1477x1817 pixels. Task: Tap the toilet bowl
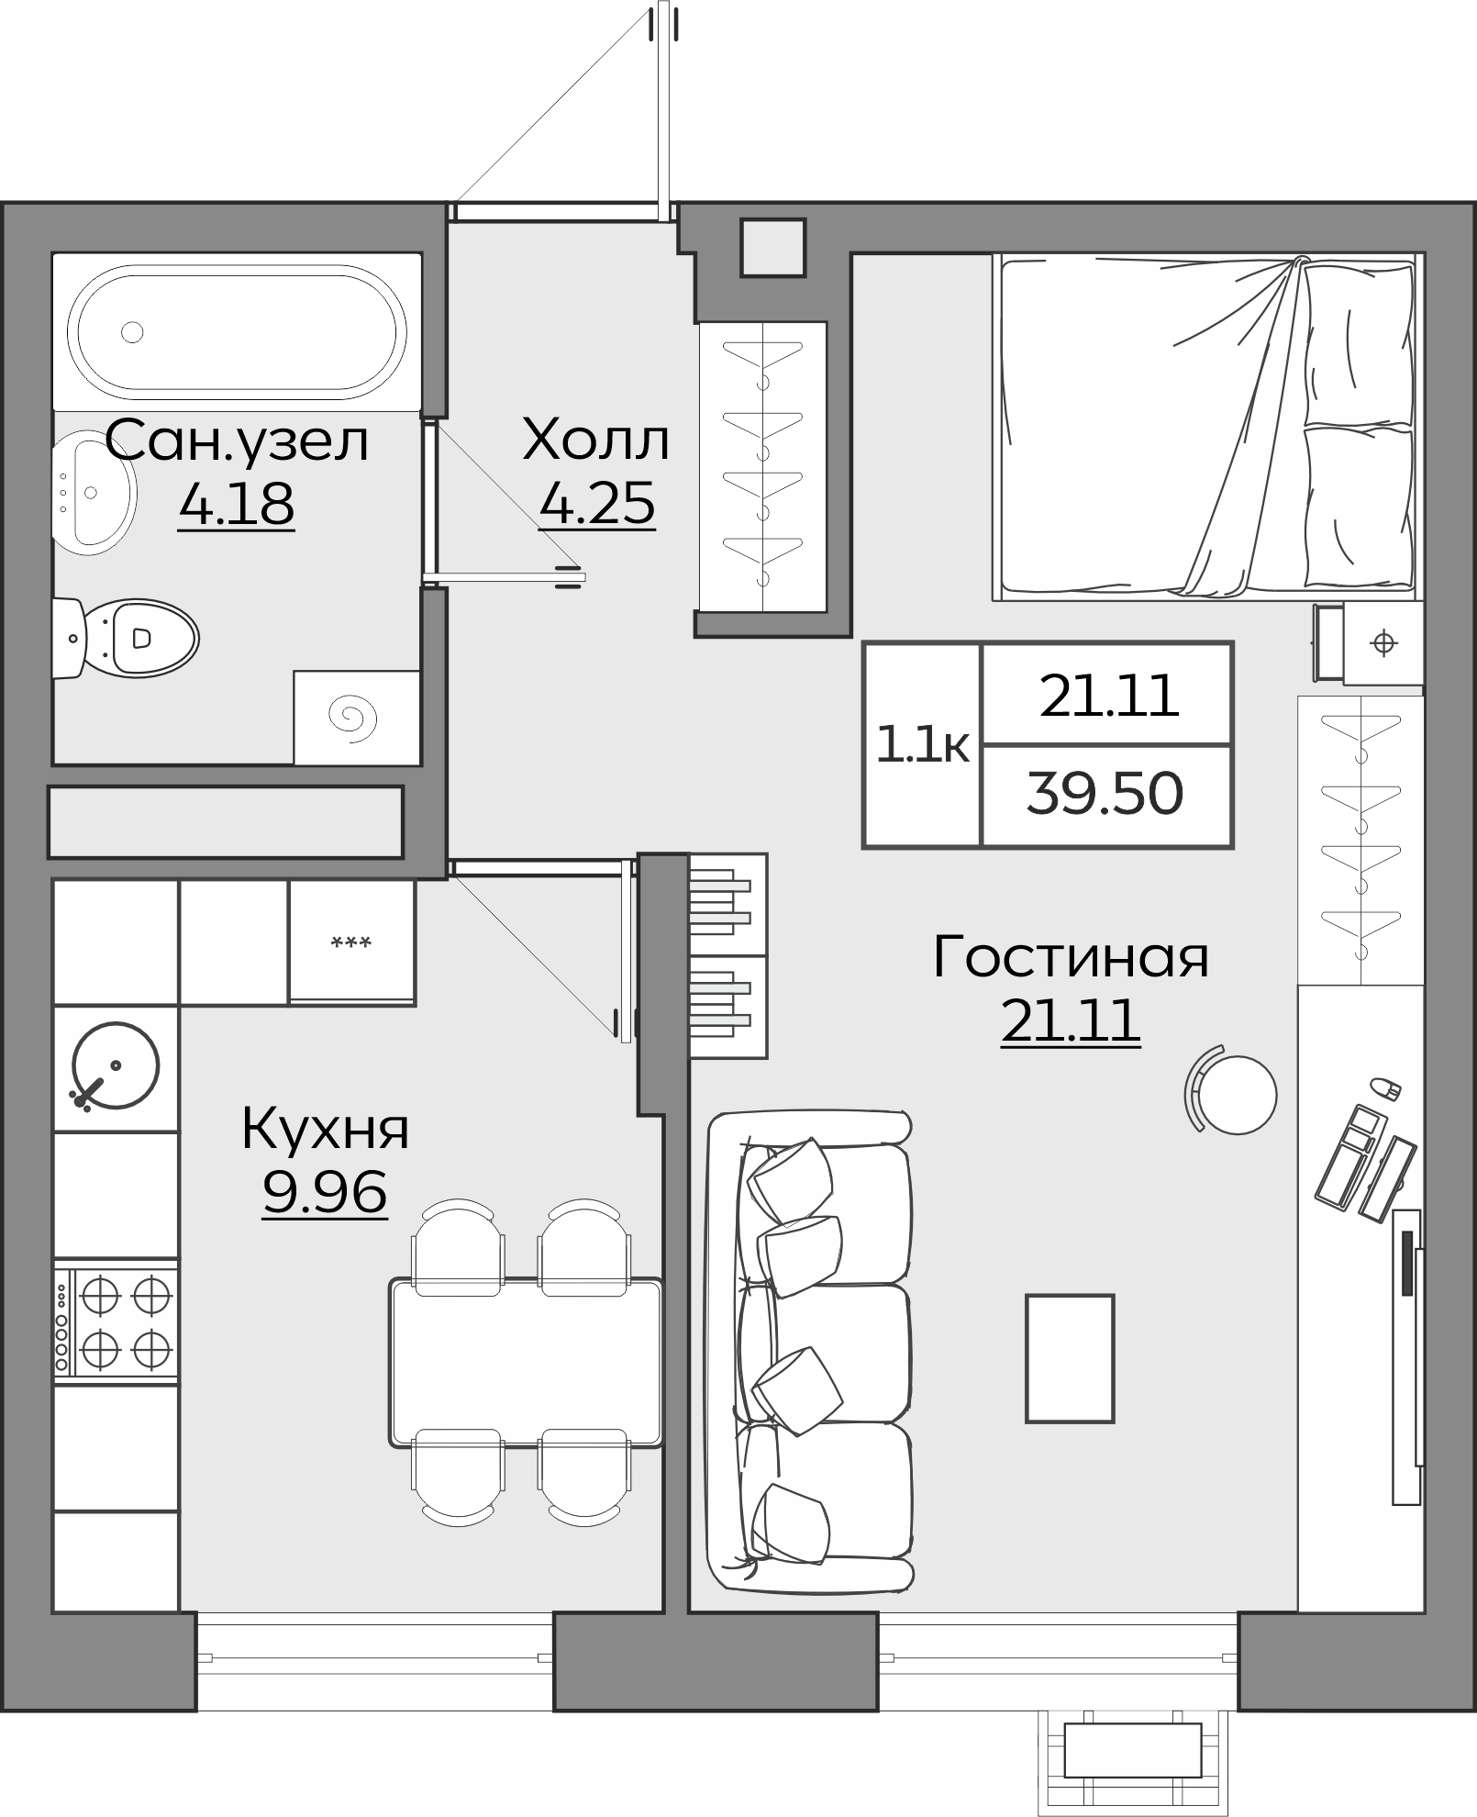tap(138, 637)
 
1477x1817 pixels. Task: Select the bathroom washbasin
tap(92, 493)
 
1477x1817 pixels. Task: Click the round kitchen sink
tap(116, 1066)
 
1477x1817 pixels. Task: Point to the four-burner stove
tap(117, 1321)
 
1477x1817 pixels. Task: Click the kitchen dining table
tap(526, 1362)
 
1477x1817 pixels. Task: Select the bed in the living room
tap(1206, 426)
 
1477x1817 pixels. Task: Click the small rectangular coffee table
tap(1069, 1358)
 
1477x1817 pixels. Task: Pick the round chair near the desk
tap(1236, 1094)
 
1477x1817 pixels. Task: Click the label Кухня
tap(325, 1129)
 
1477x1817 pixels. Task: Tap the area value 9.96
tap(325, 1193)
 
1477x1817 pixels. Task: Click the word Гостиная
tap(1071, 956)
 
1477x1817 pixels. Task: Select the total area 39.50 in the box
tap(1105, 794)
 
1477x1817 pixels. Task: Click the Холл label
tap(596, 440)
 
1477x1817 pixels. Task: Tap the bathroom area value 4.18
tap(237, 503)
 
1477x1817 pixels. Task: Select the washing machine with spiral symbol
tap(356, 717)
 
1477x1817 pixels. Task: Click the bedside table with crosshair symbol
tap(1383, 643)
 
